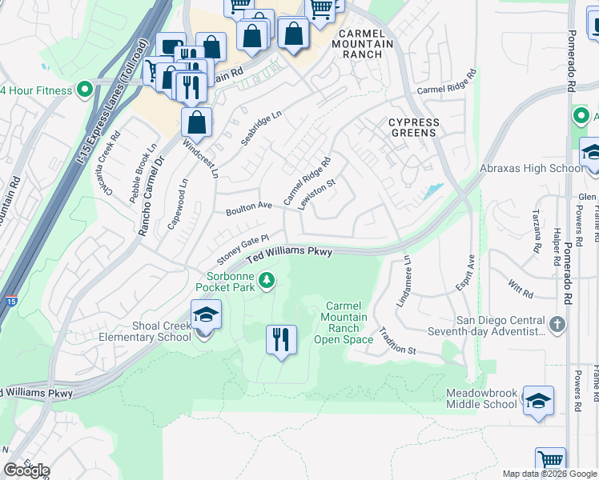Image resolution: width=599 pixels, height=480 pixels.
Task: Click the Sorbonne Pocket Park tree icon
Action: [267, 280]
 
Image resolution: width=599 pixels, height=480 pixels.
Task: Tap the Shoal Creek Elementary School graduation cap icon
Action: [206, 315]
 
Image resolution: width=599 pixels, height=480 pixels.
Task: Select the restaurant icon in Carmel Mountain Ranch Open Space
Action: [280, 340]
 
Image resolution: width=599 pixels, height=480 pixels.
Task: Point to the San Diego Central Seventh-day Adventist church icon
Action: [558, 324]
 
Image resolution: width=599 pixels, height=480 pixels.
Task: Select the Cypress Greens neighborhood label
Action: [414, 127]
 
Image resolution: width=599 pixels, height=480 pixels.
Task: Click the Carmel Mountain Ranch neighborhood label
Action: [367, 44]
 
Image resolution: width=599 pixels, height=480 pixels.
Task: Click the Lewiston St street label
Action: [316, 194]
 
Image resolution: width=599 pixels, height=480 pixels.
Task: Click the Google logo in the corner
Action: [26, 470]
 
